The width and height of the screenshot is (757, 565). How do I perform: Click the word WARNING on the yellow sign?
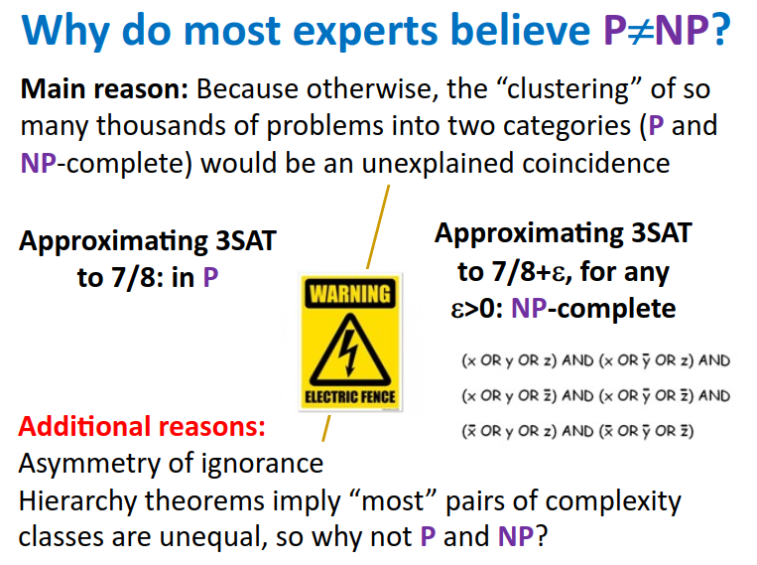pyautogui.click(x=350, y=294)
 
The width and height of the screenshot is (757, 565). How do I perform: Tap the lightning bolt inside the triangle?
pyautogui.click(x=348, y=353)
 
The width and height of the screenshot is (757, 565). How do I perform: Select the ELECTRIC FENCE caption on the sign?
pyautogui.click(x=350, y=397)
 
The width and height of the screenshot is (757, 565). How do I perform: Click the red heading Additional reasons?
pyautogui.click(x=142, y=427)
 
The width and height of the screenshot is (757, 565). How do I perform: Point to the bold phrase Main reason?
pyautogui.click(x=104, y=89)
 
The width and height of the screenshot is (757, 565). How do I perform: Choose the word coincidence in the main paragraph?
pyautogui.click(x=595, y=163)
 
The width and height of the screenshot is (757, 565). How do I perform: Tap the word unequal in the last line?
pyautogui.click(x=213, y=538)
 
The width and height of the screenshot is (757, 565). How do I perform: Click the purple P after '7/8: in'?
pyautogui.click(x=210, y=277)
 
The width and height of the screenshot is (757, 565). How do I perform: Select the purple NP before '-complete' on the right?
pyautogui.click(x=529, y=309)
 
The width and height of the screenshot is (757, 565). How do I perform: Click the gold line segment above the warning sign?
pyautogui.click(x=378, y=226)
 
